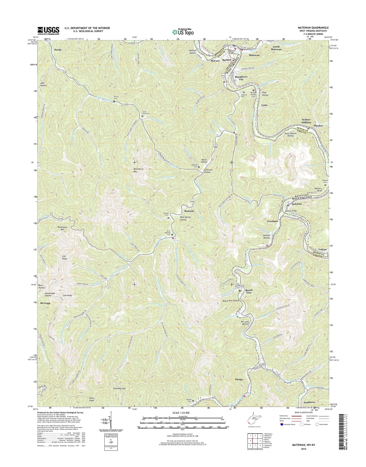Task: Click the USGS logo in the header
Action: tap(48, 31)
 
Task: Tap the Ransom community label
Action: tap(189, 211)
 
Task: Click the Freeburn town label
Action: tap(273, 221)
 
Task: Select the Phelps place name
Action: tap(239, 380)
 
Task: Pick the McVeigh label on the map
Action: tap(45, 303)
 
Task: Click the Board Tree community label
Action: tap(249, 291)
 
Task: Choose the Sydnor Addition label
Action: tap(306, 121)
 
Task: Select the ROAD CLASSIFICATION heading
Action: tap(304, 420)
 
